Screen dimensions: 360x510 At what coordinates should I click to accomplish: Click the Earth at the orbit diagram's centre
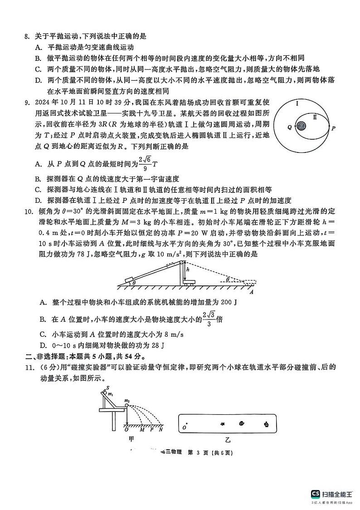point(300,127)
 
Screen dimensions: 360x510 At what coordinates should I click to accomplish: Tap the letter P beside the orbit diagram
point(333,128)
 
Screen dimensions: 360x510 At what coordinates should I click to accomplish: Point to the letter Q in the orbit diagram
point(289,127)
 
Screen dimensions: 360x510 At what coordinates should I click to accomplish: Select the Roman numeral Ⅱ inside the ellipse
point(315,117)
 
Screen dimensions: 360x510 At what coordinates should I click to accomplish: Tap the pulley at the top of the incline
point(182,262)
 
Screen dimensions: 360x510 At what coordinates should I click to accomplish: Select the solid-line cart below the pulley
point(189,282)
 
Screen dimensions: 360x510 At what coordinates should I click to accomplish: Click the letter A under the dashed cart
point(250,292)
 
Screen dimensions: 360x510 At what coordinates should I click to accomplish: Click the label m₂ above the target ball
point(127,400)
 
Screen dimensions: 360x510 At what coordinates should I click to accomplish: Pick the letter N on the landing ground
point(161,429)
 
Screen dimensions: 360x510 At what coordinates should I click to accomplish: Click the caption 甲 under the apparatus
point(131,439)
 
